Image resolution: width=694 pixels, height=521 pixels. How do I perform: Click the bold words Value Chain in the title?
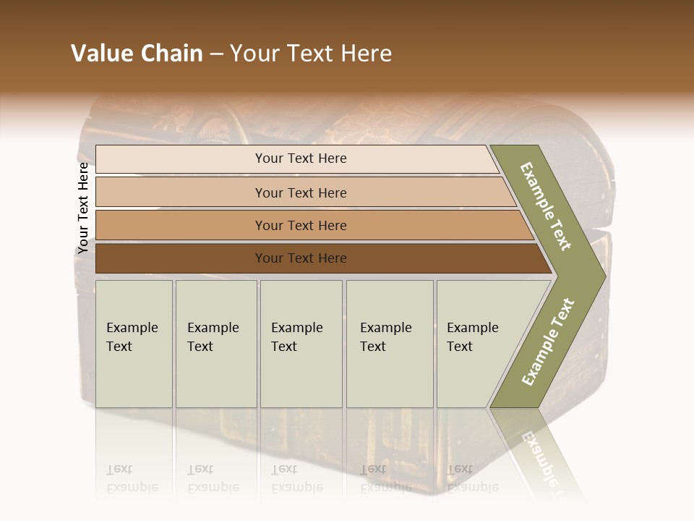coord(137,54)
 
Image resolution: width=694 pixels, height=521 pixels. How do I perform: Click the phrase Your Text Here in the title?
coord(311,54)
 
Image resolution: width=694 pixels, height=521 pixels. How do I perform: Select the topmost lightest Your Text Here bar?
coord(300,158)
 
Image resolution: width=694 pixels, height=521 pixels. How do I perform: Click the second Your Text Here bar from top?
coord(300,192)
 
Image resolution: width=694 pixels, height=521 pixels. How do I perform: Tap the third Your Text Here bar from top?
coord(300,225)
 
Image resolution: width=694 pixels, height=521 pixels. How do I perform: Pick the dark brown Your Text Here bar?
coord(300,258)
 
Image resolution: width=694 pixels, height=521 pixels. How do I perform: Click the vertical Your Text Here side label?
coord(83,208)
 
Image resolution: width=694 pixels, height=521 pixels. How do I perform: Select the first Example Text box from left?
coord(134,344)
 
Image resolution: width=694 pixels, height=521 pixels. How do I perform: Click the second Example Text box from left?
coord(215,344)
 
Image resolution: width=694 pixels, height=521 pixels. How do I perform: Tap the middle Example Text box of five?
coord(301,344)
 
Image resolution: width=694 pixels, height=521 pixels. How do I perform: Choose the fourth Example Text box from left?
coord(389,344)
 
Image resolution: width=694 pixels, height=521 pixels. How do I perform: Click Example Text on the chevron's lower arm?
coord(548,342)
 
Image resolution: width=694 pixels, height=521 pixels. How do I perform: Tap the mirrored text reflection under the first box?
coord(132,478)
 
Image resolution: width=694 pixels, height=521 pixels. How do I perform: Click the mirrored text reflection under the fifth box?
coord(473,478)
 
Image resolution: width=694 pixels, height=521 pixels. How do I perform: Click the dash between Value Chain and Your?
coord(216,54)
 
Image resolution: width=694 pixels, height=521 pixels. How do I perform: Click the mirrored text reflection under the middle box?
coord(296,478)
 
